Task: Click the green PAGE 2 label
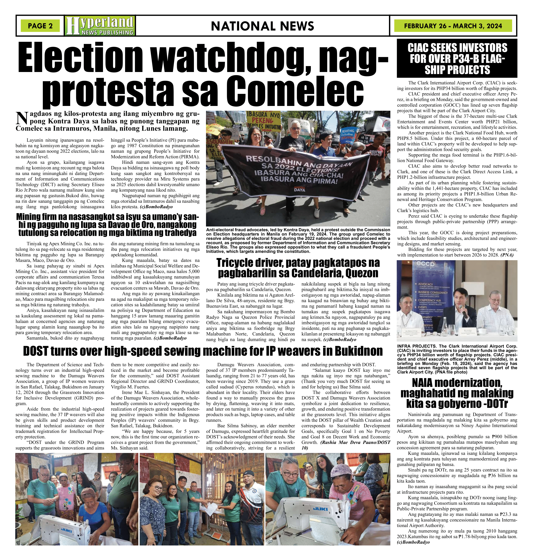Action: click(40, 26)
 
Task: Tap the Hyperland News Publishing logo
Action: click(100, 26)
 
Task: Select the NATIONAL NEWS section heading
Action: click(262, 26)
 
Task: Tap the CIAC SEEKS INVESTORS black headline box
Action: click(457, 59)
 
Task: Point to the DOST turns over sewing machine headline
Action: click(203, 351)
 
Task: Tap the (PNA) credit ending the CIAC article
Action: click(507, 255)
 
